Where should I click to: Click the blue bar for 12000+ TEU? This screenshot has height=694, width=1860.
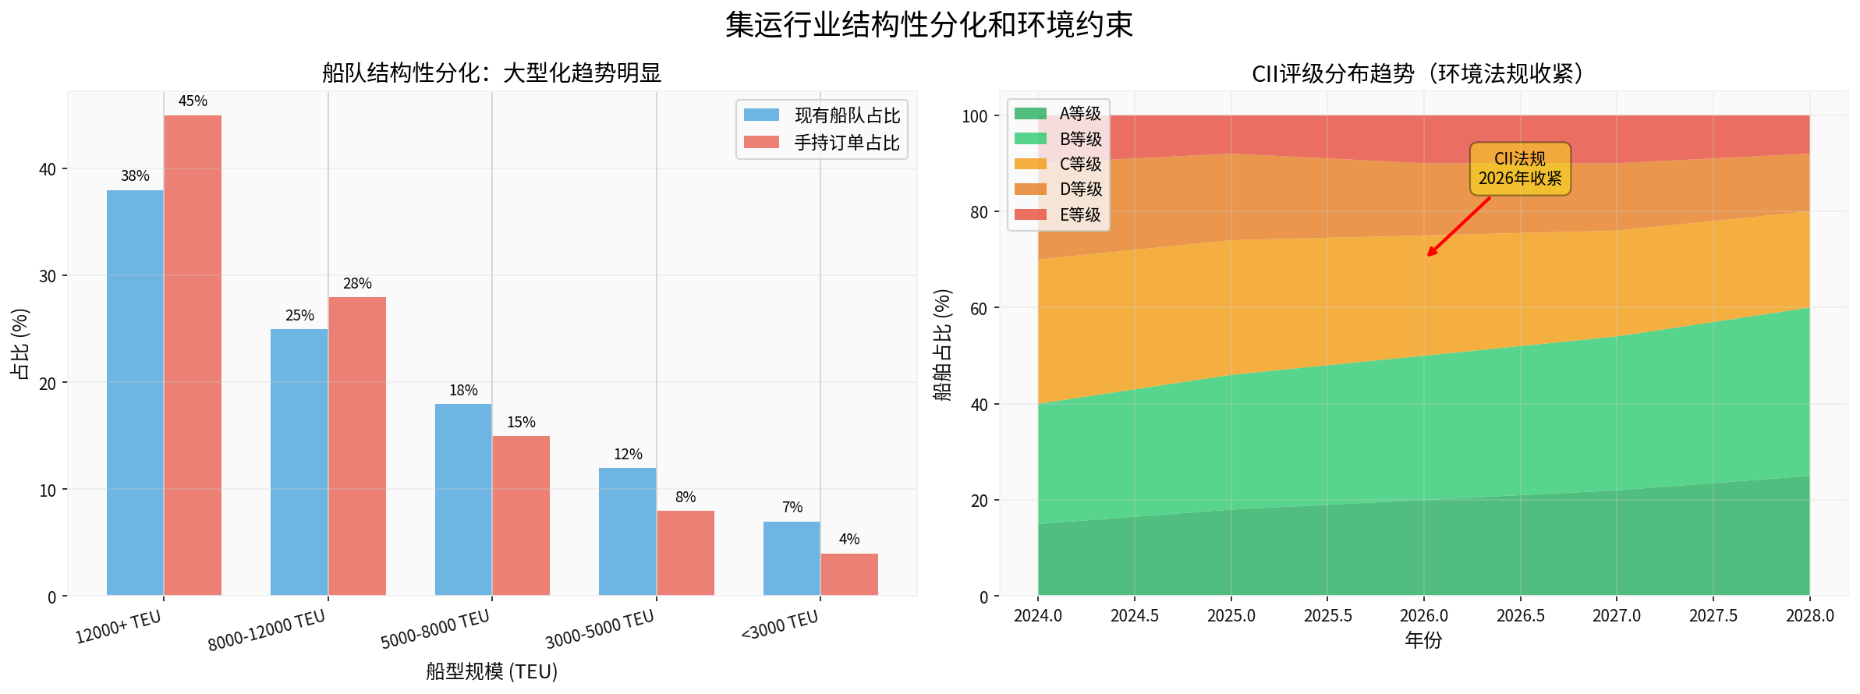tap(135, 393)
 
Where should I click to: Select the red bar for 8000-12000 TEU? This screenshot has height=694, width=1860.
tap(357, 446)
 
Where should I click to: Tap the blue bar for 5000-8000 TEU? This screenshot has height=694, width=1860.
tap(463, 499)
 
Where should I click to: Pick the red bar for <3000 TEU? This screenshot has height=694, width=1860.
tap(849, 575)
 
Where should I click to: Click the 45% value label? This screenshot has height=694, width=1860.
tap(193, 101)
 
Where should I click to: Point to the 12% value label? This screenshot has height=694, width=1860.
tap(628, 455)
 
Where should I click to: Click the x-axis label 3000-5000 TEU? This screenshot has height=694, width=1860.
tap(600, 630)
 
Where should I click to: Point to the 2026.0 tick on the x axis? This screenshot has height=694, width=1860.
tap(1424, 616)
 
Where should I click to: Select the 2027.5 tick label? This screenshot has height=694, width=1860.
tap(1713, 616)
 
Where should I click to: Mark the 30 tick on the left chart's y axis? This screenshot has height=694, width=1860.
tap(48, 276)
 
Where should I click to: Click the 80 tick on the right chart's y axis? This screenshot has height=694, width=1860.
tap(979, 212)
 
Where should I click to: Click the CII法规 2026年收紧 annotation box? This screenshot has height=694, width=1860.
tap(1520, 168)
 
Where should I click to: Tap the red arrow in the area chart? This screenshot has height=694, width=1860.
tap(1459, 226)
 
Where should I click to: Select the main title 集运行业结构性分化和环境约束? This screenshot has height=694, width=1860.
tap(929, 25)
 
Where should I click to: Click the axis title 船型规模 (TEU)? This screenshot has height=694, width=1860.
tap(491, 671)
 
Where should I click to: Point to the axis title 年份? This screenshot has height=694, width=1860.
tap(1423, 641)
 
